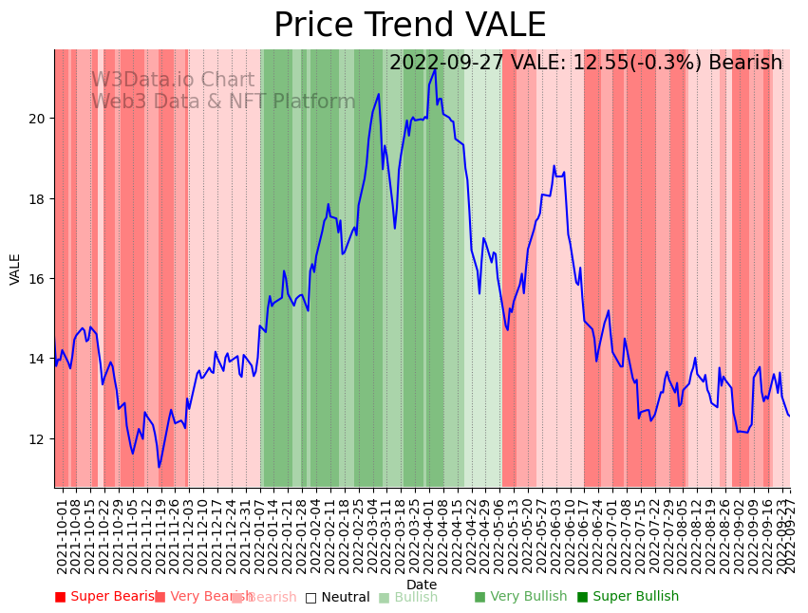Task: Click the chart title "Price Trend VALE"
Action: (x=409, y=26)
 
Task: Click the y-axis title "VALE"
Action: (x=15, y=269)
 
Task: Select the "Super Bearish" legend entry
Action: (x=106, y=597)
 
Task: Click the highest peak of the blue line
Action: (x=435, y=69)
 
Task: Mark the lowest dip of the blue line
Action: (x=160, y=467)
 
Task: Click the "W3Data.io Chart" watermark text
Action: (x=173, y=81)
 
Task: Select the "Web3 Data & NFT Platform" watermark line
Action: (x=223, y=102)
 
